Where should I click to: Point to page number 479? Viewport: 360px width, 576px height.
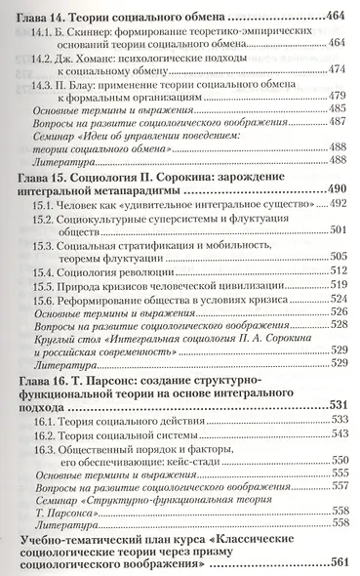pyautogui.click(x=337, y=97)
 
